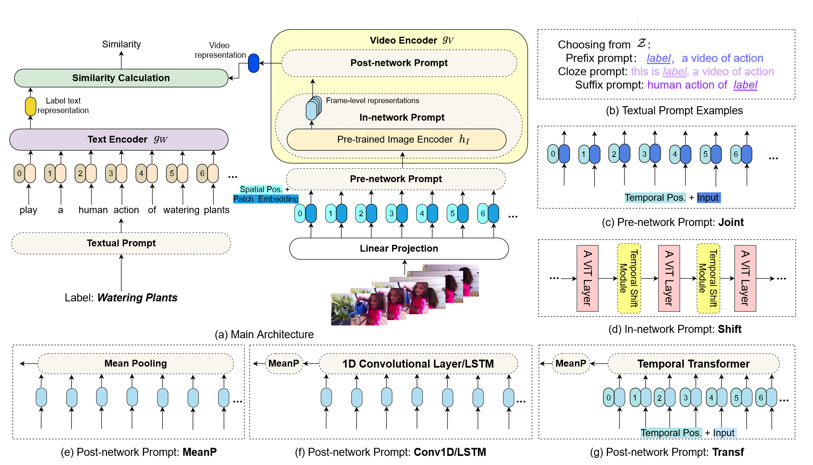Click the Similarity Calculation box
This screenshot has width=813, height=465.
click(121, 78)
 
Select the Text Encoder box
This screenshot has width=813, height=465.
click(119, 139)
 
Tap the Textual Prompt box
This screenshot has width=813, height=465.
click(121, 243)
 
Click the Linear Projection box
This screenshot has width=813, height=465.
click(398, 248)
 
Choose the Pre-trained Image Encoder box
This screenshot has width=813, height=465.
click(396, 140)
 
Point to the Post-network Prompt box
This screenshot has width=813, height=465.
click(399, 63)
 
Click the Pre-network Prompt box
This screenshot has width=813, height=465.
click(396, 179)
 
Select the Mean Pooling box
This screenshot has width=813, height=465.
click(136, 363)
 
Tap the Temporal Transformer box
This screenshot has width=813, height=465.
click(693, 364)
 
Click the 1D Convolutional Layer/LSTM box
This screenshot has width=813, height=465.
click(418, 364)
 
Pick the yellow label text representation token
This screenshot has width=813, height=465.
click(30, 107)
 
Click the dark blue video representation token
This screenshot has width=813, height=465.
click(254, 63)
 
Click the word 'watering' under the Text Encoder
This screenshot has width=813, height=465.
click(181, 210)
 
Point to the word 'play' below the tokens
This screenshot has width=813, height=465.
click(28, 210)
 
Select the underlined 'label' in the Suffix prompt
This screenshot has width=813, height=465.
click(745, 85)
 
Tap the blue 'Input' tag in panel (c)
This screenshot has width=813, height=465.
click(708, 197)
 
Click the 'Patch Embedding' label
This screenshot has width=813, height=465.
click(266, 199)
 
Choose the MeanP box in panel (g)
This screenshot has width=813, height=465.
click(571, 363)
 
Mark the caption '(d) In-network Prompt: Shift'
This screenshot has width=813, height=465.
click(675, 329)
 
